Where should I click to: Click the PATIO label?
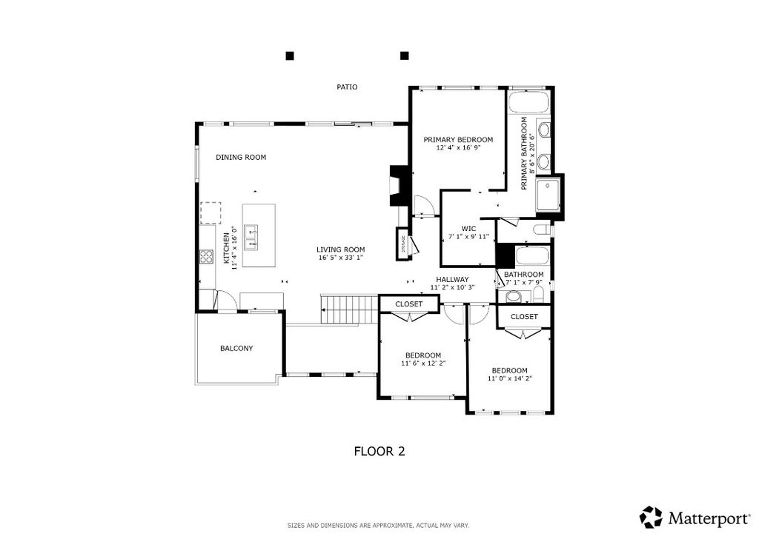click(347, 87)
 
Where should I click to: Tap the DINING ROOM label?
click(240, 158)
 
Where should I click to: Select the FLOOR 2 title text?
click(379, 451)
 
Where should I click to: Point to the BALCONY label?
click(236, 349)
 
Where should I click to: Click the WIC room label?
click(468, 228)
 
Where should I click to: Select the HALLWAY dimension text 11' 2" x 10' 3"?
click(452, 288)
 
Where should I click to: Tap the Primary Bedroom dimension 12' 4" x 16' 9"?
click(458, 148)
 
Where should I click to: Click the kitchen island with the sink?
click(259, 236)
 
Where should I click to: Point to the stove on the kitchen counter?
click(205, 257)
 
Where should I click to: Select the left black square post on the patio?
click(290, 56)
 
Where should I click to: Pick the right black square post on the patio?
click(405, 56)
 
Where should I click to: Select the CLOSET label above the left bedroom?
click(408, 304)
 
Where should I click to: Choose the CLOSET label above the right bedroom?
click(524, 317)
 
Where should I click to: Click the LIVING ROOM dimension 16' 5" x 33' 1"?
click(341, 258)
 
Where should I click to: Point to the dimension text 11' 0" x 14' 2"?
click(509, 378)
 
